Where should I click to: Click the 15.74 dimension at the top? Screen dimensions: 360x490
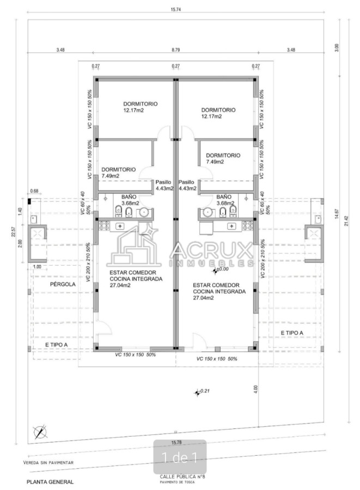click(x=175, y=9)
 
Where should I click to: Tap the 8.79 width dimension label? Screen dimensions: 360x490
click(x=175, y=50)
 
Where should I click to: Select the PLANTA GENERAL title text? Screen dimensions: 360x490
click(x=50, y=482)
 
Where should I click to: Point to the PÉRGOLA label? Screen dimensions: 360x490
click(x=63, y=284)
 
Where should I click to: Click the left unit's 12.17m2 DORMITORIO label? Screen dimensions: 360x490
click(x=141, y=107)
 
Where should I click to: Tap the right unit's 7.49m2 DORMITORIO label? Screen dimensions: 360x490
click(x=223, y=158)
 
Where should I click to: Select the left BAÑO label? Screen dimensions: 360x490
click(x=129, y=197)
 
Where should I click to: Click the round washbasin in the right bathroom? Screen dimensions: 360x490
click(x=208, y=212)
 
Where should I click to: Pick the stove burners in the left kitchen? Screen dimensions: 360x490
click(x=104, y=225)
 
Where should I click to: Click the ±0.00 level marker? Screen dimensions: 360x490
click(x=221, y=269)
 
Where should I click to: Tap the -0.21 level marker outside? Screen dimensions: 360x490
click(x=202, y=391)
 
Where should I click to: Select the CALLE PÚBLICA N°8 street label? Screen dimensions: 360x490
click(x=182, y=476)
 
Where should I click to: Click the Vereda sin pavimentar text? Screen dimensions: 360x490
click(x=48, y=462)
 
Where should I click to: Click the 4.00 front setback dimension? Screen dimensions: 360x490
click(x=255, y=389)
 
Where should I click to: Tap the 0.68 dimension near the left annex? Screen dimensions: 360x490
click(x=34, y=191)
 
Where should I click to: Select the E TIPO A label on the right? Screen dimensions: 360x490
click(x=292, y=333)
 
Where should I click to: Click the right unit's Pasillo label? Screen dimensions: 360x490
click(x=187, y=182)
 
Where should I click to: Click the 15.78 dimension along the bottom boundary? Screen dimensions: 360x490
click(x=176, y=442)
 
